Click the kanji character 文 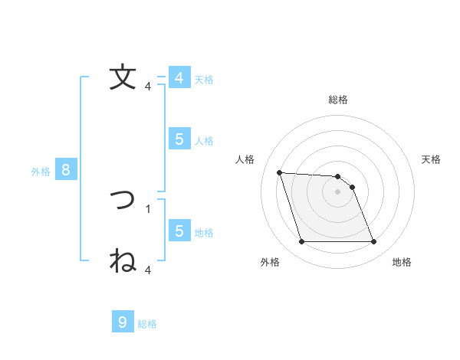pyautogui.click(x=123, y=77)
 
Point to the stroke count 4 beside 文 pyautogui.click(x=148, y=87)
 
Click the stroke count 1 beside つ pyautogui.click(x=148, y=208)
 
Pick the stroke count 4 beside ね pyautogui.click(x=148, y=270)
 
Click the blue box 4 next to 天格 pyautogui.click(x=179, y=78)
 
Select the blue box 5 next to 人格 pyautogui.click(x=179, y=139)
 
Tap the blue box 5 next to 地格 pyautogui.click(x=179, y=231)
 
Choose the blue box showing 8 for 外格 pyautogui.click(x=66, y=170)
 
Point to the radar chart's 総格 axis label pyautogui.click(x=338, y=100)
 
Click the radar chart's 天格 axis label pyautogui.click(x=432, y=159)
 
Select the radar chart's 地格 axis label pyautogui.click(x=402, y=263)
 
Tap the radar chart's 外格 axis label pyautogui.click(x=270, y=263)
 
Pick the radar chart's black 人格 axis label pyautogui.click(x=245, y=159)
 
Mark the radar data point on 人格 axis pyautogui.click(x=279, y=172)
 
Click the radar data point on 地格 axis pyautogui.click(x=373, y=242)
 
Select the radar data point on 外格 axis pyautogui.click(x=301, y=242)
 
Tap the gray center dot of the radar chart pyautogui.click(x=338, y=192)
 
